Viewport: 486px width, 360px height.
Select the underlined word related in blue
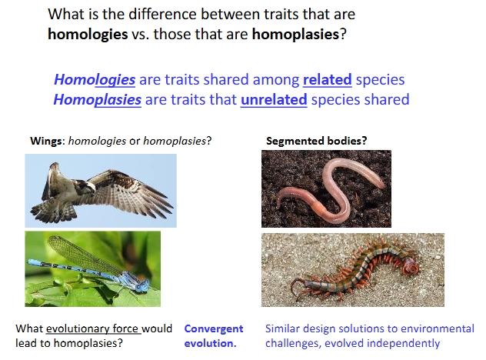click(x=327, y=79)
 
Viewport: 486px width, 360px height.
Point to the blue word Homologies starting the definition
click(x=95, y=79)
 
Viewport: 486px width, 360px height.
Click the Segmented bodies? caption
click(x=315, y=142)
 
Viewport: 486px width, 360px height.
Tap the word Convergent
click(x=214, y=328)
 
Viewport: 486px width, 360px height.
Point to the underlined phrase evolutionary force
click(x=93, y=328)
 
